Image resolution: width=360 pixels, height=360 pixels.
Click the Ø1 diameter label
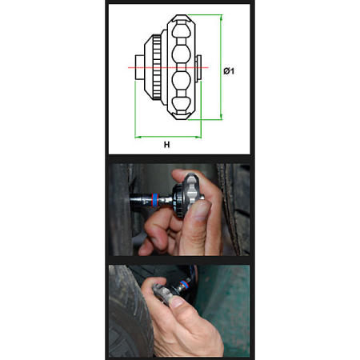(229, 71)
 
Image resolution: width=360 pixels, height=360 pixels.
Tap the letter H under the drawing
(166, 145)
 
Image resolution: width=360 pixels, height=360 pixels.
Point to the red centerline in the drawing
(168, 67)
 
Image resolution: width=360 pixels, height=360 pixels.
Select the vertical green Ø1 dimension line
(221, 67)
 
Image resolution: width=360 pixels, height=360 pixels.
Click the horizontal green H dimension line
(168, 137)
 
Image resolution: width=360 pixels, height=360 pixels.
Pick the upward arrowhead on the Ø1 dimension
(221, 18)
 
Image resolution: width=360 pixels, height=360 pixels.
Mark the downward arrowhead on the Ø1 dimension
(221, 117)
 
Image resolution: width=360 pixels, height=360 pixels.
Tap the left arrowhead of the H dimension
(138, 137)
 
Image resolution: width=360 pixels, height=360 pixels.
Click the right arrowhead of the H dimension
(198, 137)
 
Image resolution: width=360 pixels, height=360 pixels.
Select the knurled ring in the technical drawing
(157, 67)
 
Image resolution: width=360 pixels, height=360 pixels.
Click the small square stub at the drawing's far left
(140, 67)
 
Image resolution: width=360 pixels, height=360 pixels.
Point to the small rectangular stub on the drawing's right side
(198, 67)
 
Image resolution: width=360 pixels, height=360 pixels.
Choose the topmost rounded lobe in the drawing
(182, 29)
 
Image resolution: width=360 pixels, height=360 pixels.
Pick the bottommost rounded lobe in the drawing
(182, 106)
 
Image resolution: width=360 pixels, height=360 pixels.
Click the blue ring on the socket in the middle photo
(154, 200)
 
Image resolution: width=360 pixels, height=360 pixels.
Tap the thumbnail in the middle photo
(202, 210)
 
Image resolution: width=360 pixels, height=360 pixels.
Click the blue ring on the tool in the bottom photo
(184, 284)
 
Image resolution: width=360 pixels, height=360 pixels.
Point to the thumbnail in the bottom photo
(177, 302)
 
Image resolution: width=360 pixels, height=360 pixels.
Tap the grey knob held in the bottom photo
(162, 294)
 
